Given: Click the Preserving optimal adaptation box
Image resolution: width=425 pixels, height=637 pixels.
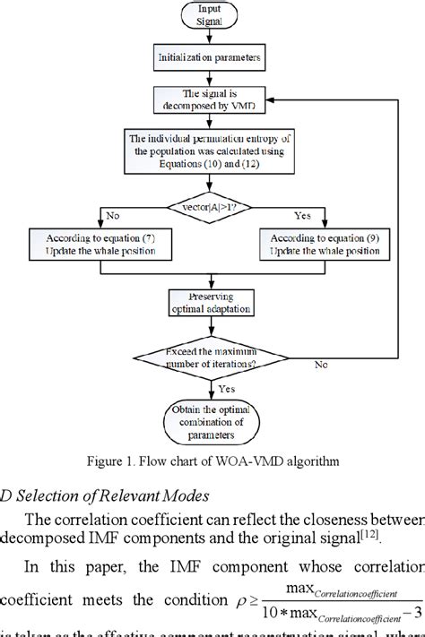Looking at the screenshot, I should click(x=212, y=302).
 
